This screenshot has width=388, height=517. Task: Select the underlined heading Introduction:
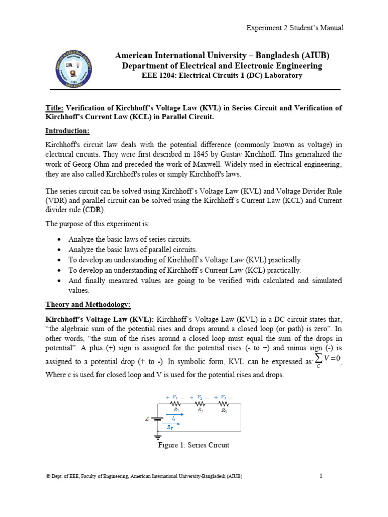(x=67, y=131)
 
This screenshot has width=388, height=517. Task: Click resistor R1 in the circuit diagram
(x=176, y=404)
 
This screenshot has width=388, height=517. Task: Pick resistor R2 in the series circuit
(x=200, y=404)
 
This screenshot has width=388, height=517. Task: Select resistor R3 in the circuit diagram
(x=224, y=404)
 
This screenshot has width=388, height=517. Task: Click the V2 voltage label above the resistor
(x=200, y=398)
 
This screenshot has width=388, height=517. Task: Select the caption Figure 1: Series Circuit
(x=194, y=445)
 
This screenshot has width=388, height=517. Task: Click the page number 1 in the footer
(x=321, y=476)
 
